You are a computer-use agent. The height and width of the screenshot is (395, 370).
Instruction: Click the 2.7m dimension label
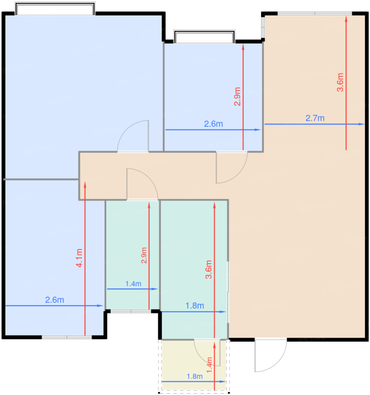pyautogui.click(x=315, y=118)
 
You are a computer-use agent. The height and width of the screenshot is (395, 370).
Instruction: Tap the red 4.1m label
pyautogui.click(x=79, y=258)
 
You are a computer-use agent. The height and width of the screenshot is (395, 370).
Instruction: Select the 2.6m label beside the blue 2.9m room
pyautogui.click(x=213, y=124)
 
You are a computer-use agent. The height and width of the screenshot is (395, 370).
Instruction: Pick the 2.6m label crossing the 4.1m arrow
pyautogui.click(x=54, y=300)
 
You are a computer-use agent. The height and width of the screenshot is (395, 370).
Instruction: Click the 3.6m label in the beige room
pyautogui.click(x=340, y=82)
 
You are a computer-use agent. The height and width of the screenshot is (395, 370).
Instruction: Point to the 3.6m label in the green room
pyautogui.click(x=209, y=269)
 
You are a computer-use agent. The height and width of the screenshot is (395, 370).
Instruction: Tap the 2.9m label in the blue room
pyautogui.click(x=237, y=96)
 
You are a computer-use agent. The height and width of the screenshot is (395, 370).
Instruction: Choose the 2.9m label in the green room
pyautogui.click(x=144, y=255)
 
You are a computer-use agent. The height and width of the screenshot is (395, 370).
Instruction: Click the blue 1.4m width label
pyautogui.click(x=133, y=284)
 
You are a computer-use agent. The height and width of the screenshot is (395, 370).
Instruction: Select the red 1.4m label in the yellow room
pyautogui.click(x=209, y=365)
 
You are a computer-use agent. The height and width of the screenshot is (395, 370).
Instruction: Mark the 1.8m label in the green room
pyautogui.click(x=194, y=306)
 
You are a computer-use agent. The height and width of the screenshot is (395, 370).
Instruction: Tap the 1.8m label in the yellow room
pyautogui.click(x=194, y=376)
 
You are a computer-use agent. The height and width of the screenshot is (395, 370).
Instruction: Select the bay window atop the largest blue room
pyautogui.click(x=55, y=8)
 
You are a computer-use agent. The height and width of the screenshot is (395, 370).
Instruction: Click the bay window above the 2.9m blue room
pyautogui.click(x=204, y=36)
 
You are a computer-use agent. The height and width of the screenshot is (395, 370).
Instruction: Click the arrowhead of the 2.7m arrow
pyautogui.click(x=362, y=124)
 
